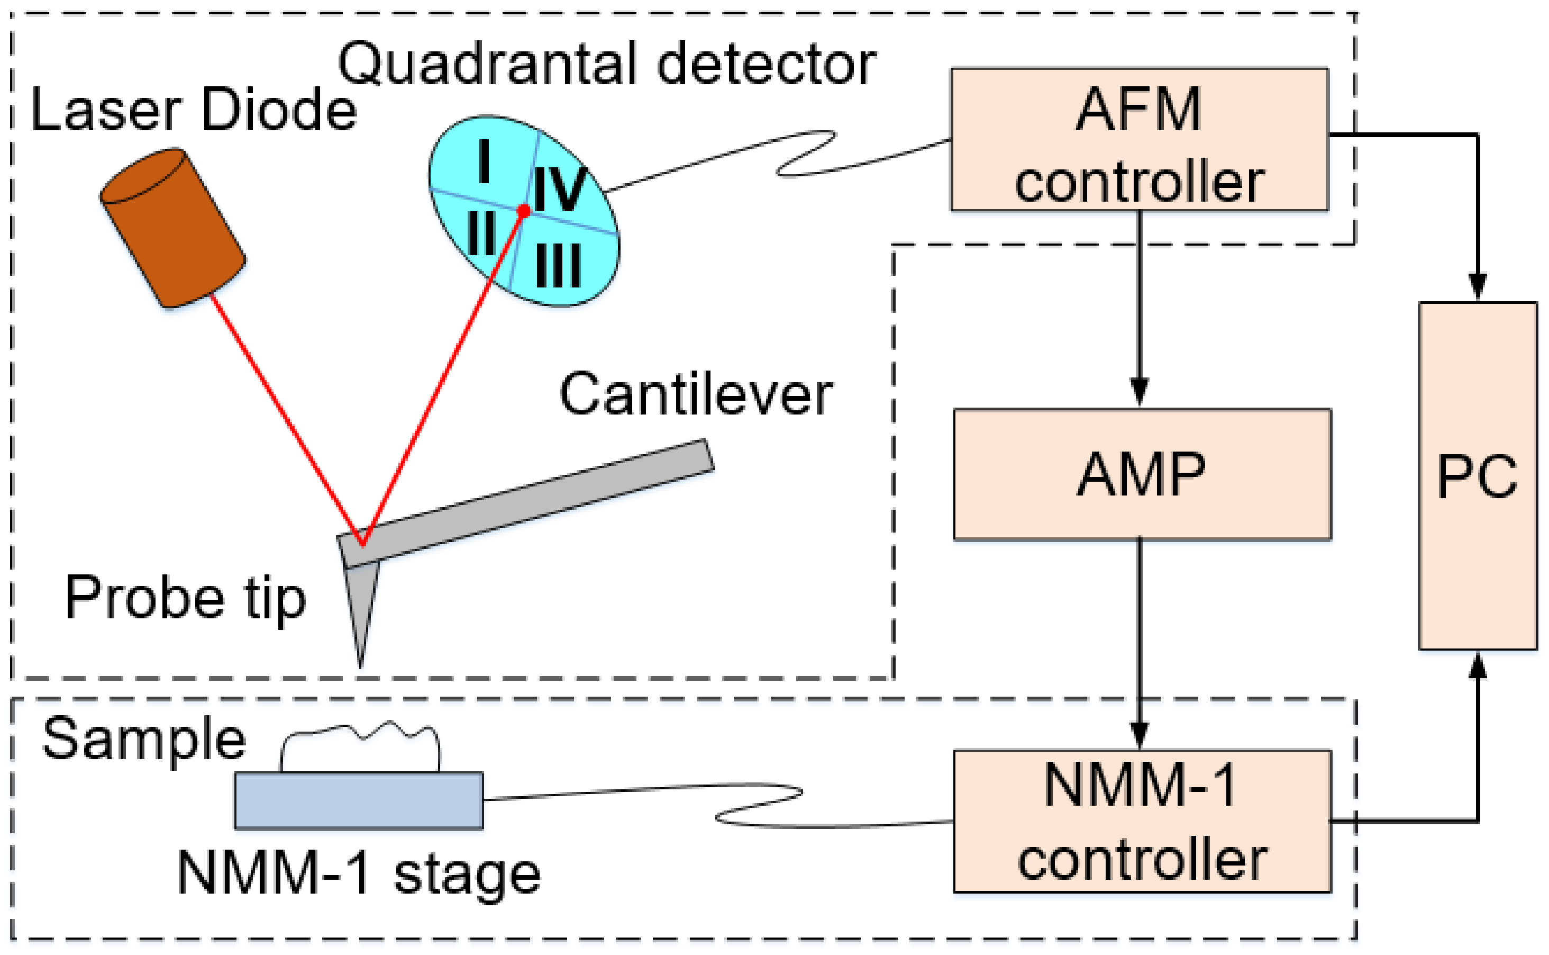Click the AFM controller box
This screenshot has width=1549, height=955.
[x=1140, y=140]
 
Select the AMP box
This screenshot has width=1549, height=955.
[x=1143, y=474]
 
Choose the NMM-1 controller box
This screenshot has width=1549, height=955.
[x=1143, y=821]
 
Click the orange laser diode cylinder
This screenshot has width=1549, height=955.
[x=173, y=228]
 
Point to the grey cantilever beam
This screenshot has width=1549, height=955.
[x=526, y=503]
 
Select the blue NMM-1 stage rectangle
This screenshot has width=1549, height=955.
[x=359, y=800]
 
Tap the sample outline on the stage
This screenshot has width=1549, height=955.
[x=360, y=746]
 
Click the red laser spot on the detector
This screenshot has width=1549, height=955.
[x=523, y=210]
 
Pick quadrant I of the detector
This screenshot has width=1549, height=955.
[x=484, y=161]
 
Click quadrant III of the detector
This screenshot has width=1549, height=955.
[x=558, y=266]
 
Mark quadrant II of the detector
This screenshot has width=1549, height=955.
[x=481, y=232]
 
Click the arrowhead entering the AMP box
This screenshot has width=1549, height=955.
[x=1140, y=392]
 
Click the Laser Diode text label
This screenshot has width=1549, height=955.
[x=194, y=109]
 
